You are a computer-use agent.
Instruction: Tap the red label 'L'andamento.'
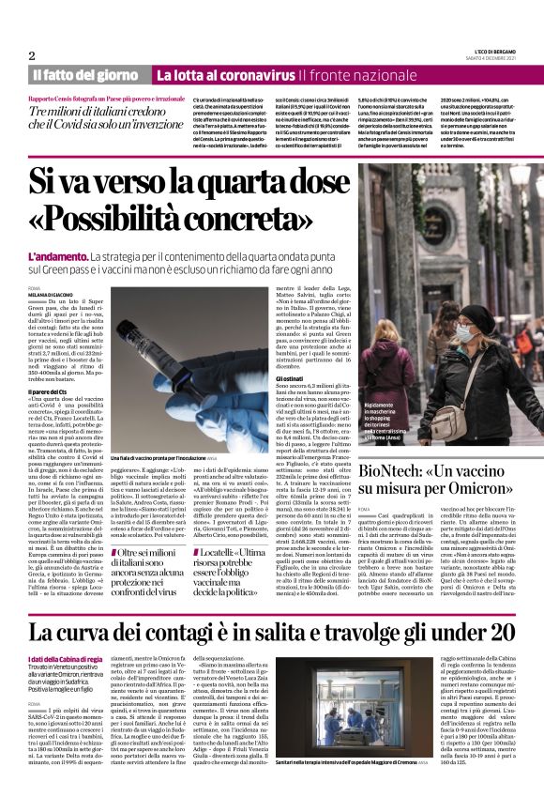pyautogui.click(x=57, y=256)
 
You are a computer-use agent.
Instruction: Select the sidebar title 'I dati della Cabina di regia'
pyautogui.click(x=61, y=659)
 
